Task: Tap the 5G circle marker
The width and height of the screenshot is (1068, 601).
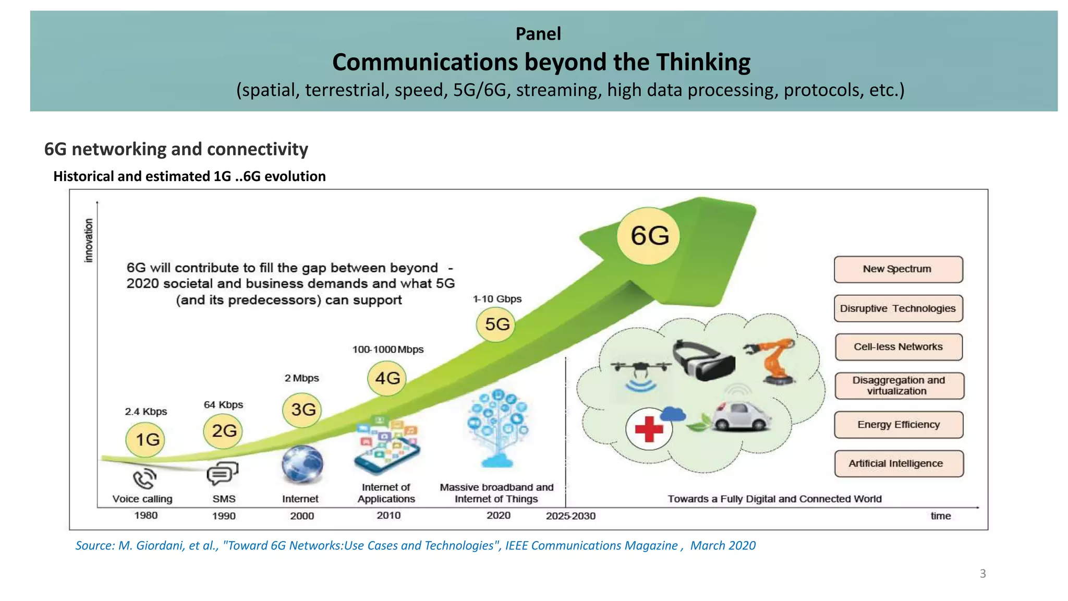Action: click(496, 324)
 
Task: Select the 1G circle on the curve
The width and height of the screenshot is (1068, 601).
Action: click(145, 439)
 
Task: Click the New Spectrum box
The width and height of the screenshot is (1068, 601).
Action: click(898, 269)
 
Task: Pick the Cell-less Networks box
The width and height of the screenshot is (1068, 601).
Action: click(898, 347)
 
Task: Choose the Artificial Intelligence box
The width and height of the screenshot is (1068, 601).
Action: click(898, 463)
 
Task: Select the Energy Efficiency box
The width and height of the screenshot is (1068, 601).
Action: click(898, 425)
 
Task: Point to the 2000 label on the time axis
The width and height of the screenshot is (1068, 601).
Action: click(302, 516)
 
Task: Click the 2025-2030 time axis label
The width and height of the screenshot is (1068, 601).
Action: click(571, 516)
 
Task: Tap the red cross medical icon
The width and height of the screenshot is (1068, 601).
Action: click(649, 429)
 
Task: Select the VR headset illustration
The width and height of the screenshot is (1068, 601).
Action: click(703, 360)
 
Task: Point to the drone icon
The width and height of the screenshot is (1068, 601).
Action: click(640, 369)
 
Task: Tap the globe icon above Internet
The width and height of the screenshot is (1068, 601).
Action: click(302, 463)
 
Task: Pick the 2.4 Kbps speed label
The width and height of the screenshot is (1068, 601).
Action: click(146, 412)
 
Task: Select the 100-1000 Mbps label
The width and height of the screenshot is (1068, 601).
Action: click(388, 350)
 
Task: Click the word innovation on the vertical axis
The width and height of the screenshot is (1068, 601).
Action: click(89, 241)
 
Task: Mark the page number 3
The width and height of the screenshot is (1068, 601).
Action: click(982, 574)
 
